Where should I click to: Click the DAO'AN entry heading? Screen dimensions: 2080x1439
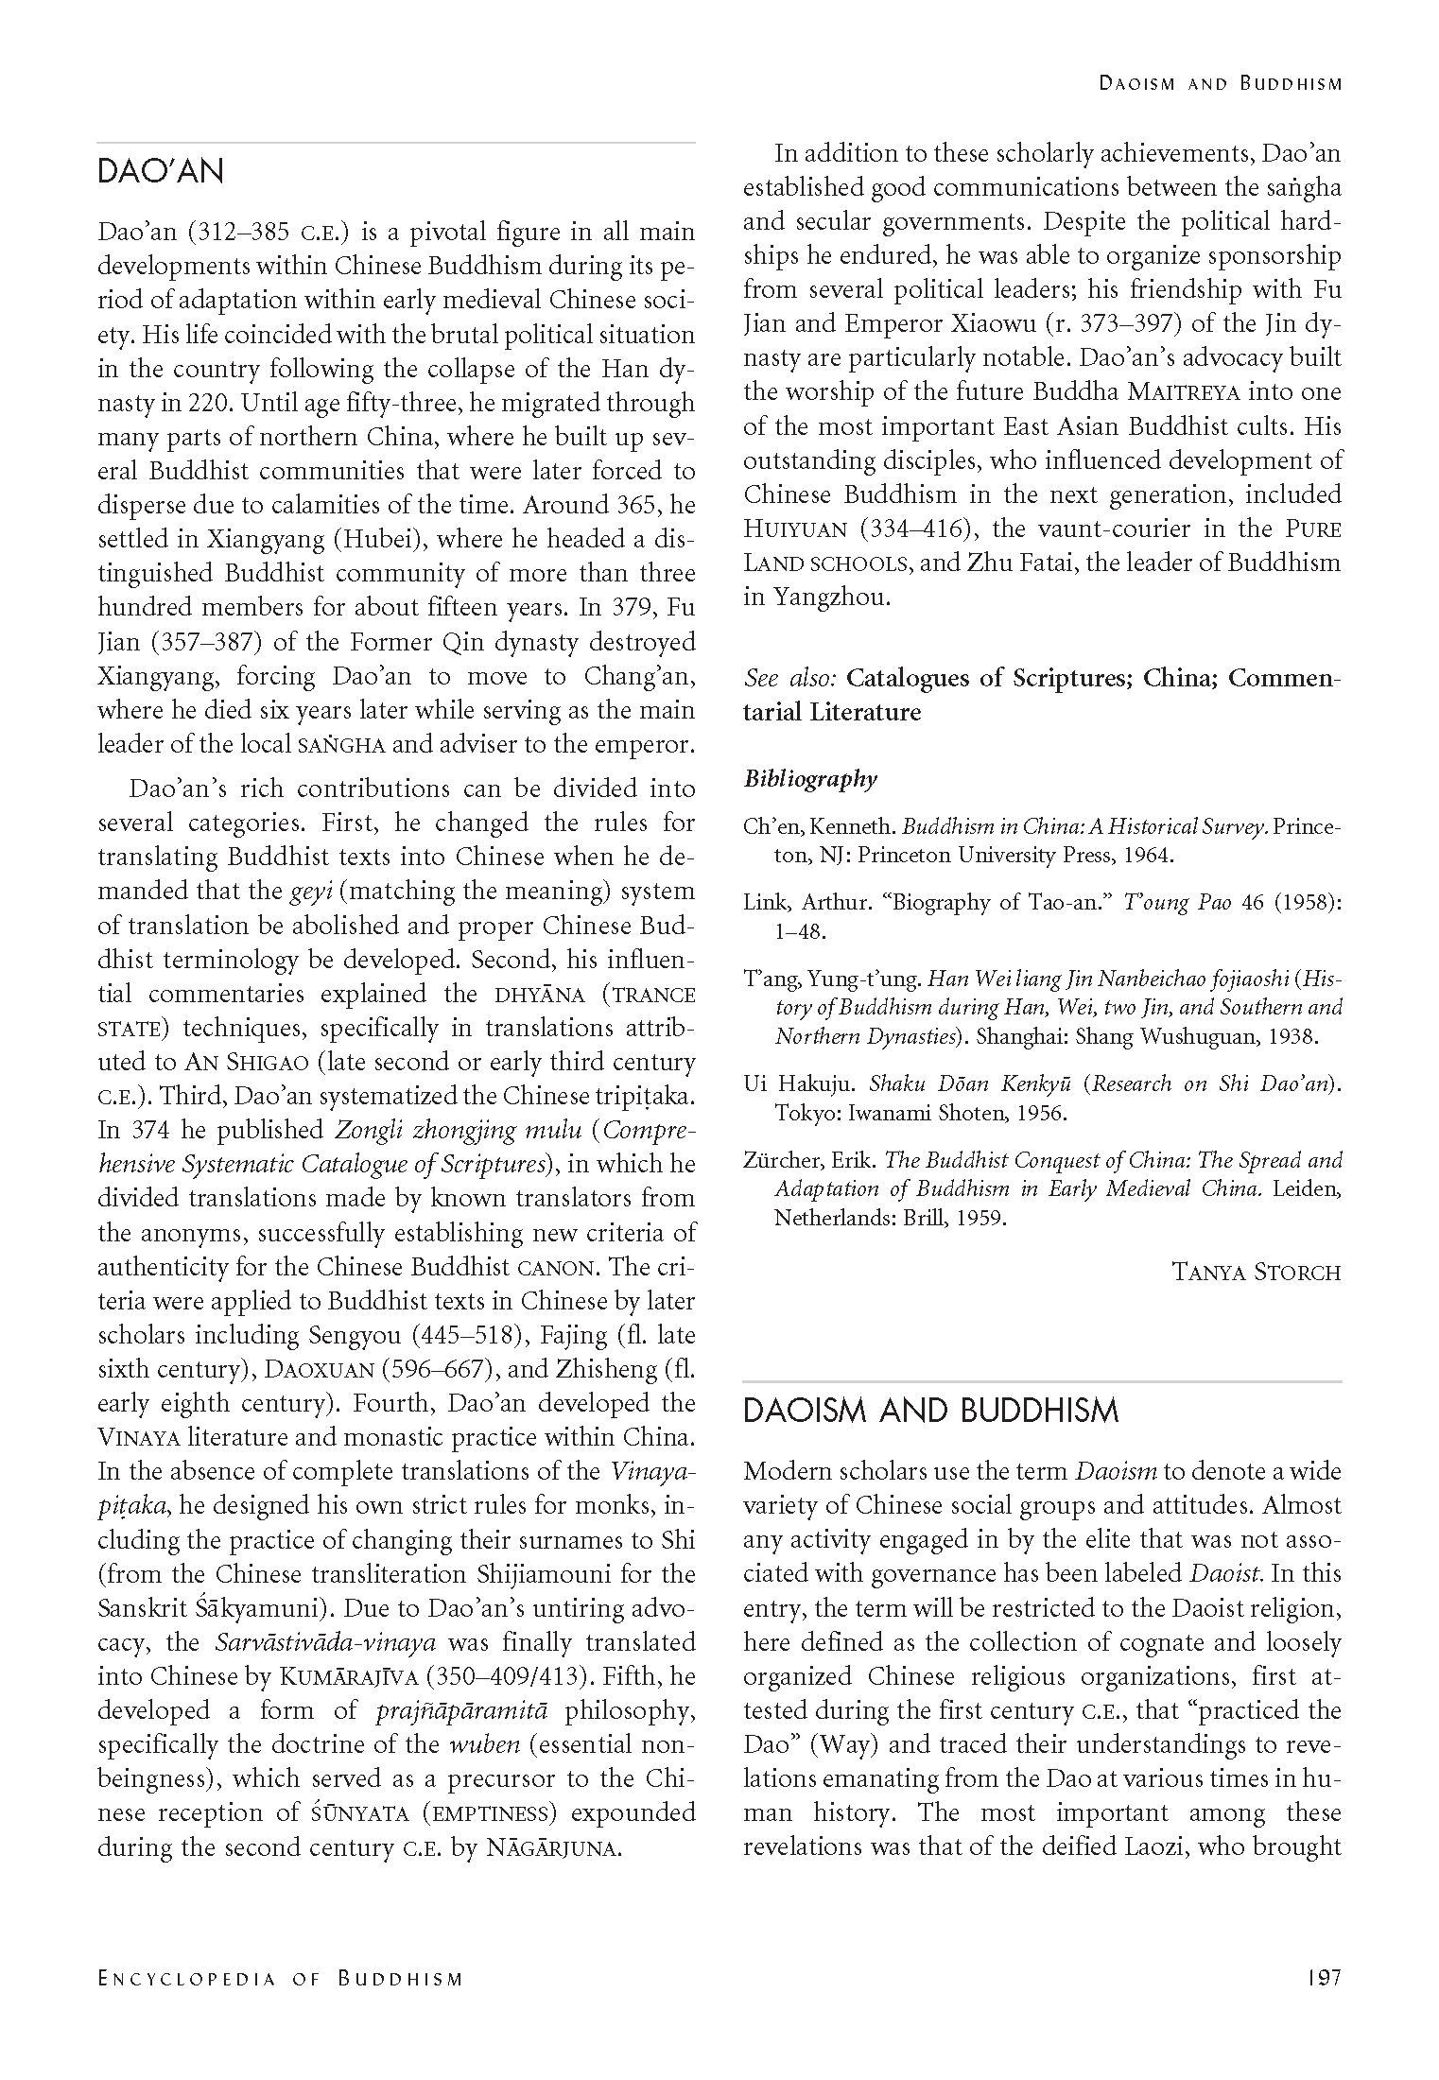click(x=161, y=171)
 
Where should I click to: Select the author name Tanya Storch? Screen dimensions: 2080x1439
click(x=1256, y=1273)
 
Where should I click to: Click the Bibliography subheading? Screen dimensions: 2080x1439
click(x=810, y=779)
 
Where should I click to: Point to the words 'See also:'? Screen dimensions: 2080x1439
click(x=789, y=678)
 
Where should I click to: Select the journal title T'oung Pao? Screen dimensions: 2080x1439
click(x=1177, y=902)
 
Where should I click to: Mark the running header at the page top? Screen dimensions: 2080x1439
click(x=1220, y=84)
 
